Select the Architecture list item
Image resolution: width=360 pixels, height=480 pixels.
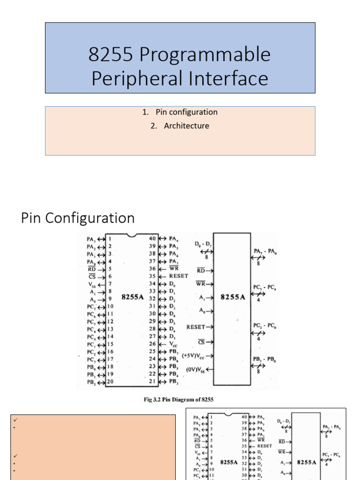186,126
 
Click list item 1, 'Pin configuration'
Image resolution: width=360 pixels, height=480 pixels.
186,112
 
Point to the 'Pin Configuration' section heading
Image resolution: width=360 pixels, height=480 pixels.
78,218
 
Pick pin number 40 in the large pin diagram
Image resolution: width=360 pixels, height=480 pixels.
152,238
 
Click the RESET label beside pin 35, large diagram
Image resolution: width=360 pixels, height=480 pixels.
179,276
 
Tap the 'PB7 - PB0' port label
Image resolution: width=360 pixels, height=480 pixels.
265,359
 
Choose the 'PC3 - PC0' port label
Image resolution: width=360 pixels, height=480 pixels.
265,325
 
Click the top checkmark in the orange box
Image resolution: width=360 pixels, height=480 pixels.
15,420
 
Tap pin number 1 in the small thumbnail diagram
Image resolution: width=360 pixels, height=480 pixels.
212,416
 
